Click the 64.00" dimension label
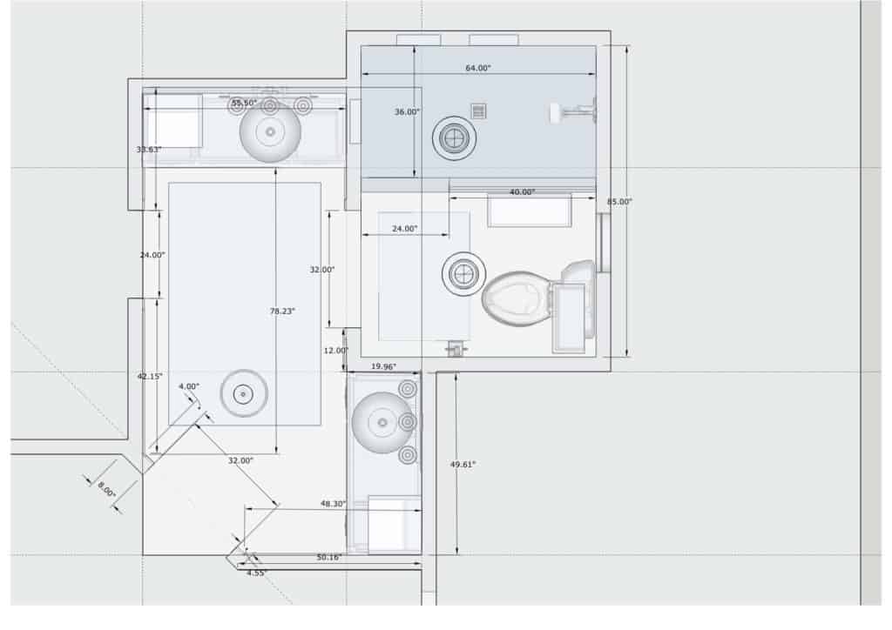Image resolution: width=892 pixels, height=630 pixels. coord(478,68)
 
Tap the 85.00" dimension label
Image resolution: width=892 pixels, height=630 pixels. coord(619,201)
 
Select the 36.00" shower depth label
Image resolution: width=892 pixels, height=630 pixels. coord(407,111)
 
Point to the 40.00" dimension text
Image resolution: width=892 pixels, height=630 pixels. coord(522,191)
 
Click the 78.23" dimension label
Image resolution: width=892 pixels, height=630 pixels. coord(282,311)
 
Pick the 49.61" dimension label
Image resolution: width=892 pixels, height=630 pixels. coord(463,464)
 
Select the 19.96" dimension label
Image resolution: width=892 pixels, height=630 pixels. coord(383,366)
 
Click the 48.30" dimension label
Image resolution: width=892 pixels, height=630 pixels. coord(334,504)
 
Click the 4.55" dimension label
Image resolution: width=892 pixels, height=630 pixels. coord(256,573)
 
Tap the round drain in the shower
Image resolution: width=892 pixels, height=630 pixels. coord(454,137)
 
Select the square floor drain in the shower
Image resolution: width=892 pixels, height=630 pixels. coord(478,110)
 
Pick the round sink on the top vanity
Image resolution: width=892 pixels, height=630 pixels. coord(270,131)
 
